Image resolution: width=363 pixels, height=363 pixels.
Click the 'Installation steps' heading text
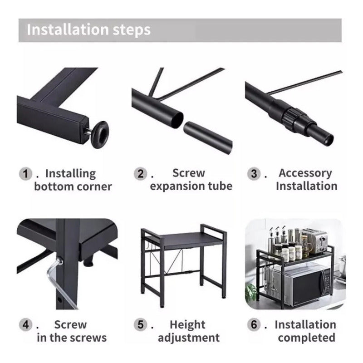click(x=88, y=30)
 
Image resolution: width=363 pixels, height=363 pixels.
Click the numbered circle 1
click(x=25, y=174)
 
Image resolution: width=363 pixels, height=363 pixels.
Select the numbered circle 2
click(x=140, y=174)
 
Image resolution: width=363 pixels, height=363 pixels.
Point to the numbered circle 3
click(x=254, y=174)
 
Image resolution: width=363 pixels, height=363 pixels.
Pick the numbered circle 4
click(x=25, y=324)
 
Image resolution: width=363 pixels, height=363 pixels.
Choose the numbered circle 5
click(x=140, y=324)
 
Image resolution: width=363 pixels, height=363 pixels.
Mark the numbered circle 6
click(x=254, y=324)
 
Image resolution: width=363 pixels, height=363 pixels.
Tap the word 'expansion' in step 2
click(x=177, y=186)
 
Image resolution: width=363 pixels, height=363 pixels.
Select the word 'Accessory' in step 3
click(x=305, y=173)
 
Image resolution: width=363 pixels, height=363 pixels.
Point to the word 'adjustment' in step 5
click(x=189, y=338)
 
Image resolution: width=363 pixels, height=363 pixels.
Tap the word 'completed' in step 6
click(x=307, y=338)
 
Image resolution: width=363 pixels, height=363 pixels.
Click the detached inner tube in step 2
click(x=208, y=137)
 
